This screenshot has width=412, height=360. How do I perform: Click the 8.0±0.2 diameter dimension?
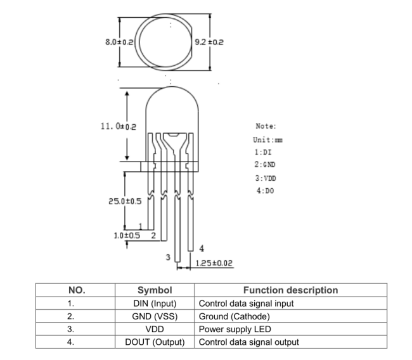119,42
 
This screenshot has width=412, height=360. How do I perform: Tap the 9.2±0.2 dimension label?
209,42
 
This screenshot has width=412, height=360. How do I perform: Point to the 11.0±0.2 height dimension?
119,126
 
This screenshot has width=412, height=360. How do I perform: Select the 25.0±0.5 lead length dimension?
125,202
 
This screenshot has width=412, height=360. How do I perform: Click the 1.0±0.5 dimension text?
127,235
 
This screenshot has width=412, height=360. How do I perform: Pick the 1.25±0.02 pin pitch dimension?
214,263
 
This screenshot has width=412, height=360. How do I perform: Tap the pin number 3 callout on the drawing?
168,257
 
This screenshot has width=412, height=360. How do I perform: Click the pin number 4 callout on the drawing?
202,248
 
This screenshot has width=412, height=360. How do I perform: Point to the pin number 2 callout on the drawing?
154,235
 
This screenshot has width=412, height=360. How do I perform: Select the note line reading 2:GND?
265,165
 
